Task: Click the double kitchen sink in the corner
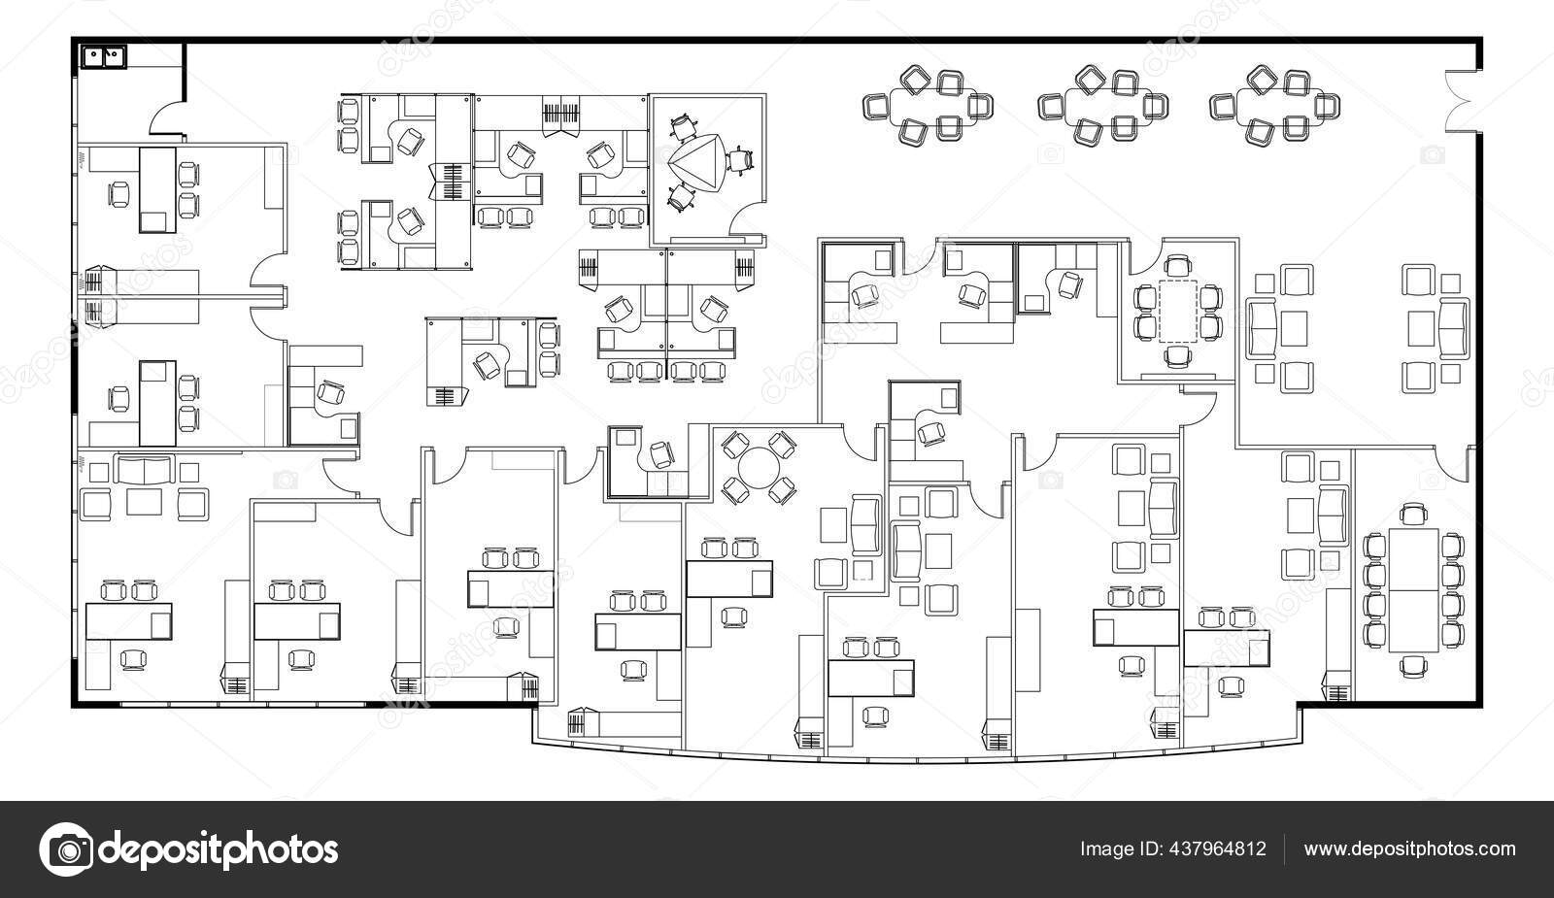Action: click(101, 56)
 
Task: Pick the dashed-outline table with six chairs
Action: click(1179, 311)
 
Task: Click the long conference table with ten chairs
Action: click(1414, 590)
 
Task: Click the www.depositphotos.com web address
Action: click(1409, 849)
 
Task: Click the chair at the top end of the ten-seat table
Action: click(1413, 513)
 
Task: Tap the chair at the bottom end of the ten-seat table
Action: click(1414, 665)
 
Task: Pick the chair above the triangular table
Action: click(684, 124)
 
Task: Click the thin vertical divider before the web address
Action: click(1284, 849)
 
